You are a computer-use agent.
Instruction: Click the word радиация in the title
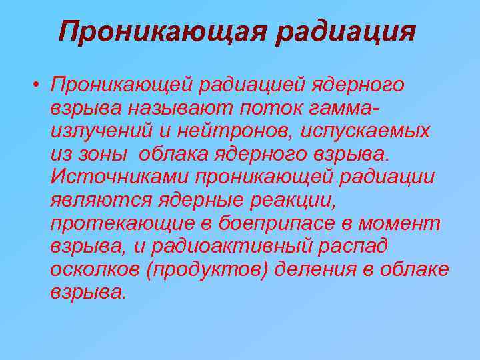(x=346, y=31)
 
